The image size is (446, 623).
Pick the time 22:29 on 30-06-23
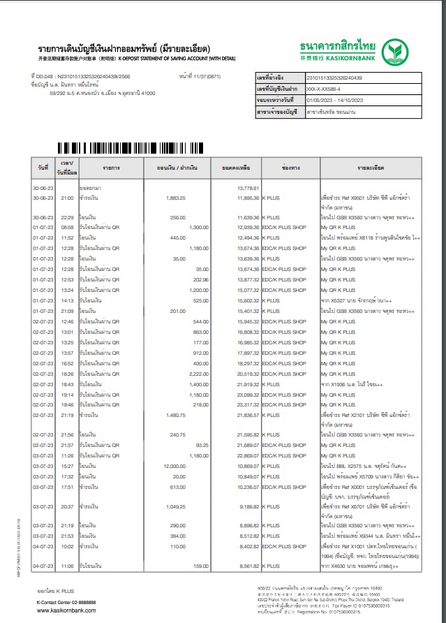[67, 218]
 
